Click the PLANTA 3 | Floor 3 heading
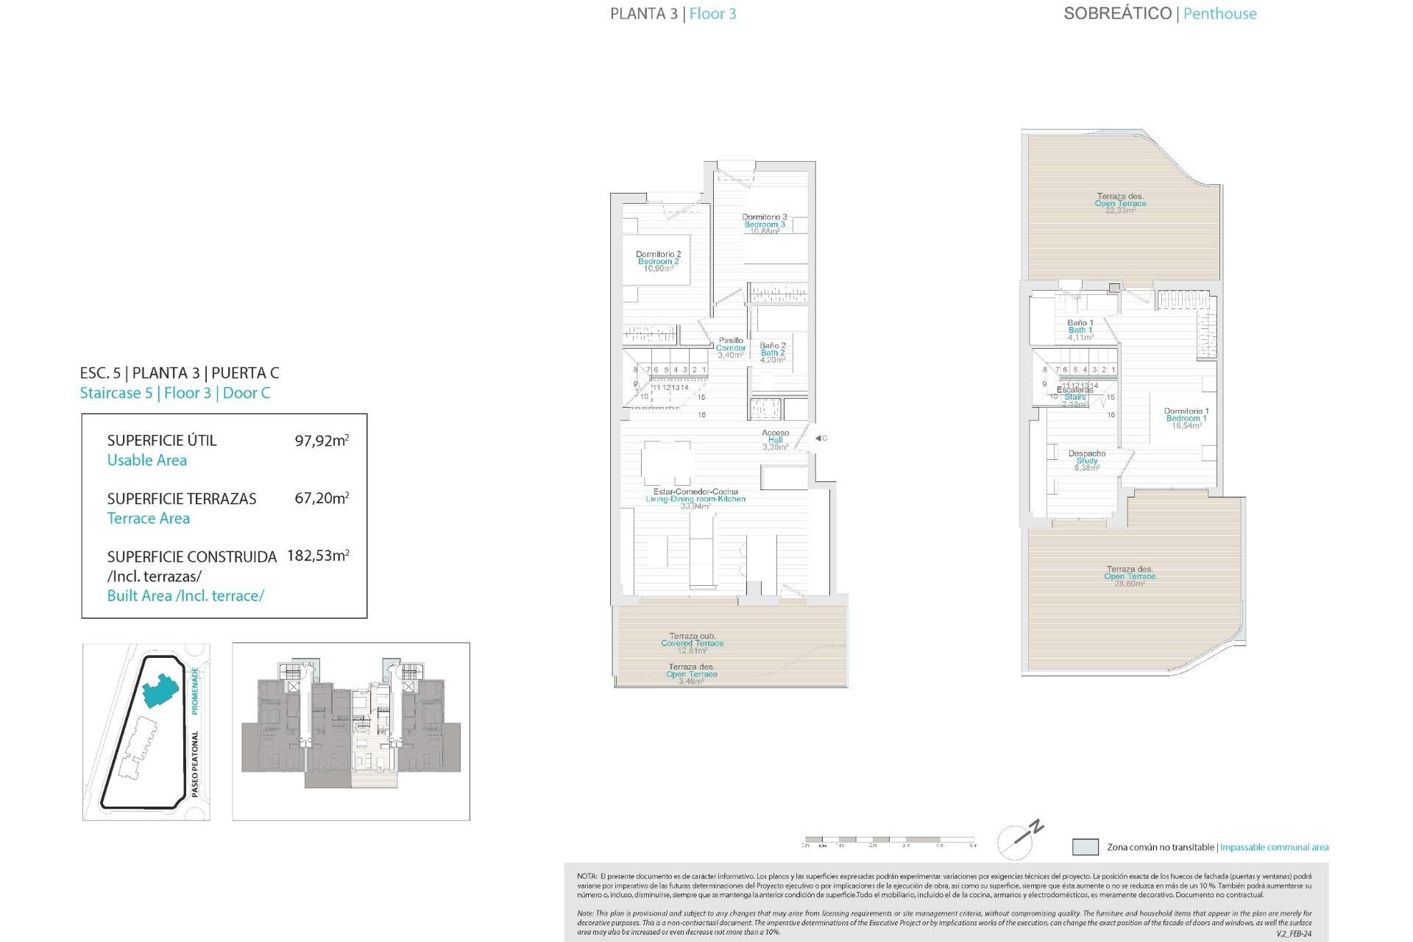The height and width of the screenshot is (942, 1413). pyautogui.click(x=673, y=14)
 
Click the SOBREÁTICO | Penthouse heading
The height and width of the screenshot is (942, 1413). pyautogui.click(x=1160, y=14)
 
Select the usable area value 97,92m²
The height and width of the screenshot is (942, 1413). pyautogui.click(x=322, y=441)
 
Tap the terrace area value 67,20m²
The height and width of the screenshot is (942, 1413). pyautogui.click(x=322, y=498)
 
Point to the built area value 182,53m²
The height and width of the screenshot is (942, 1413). pyautogui.click(x=318, y=556)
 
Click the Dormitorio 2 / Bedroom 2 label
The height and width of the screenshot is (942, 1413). pyautogui.click(x=658, y=261)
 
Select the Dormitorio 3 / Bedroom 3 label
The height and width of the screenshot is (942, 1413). pyautogui.click(x=764, y=224)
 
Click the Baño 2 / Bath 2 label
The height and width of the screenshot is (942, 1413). pyautogui.click(x=773, y=353)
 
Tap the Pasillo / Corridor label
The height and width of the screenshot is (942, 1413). pyautogui.click(x=731, y=347)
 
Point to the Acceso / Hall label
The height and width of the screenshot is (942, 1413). pyautogui.click(x=775, y=439)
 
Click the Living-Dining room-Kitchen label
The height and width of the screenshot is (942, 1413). pyautogui.click(x=695, y=498)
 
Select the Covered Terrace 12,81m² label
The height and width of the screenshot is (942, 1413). pyautogui.click(x=692, y=642)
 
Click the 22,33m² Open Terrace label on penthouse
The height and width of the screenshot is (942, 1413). pyautogui.click(x=1120, y=203)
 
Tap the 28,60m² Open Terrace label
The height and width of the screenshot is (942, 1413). pyautogui.click(x=1130, y=576)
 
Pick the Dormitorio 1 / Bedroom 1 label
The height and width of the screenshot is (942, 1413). pyautogui.click(x=1186, y=418)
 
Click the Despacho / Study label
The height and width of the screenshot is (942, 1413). pyautogui.click(x=1087, y=460)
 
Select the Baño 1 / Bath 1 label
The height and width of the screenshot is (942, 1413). pyautogui.click(x=1080, y=330)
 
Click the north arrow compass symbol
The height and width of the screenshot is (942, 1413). pyautogui.click(x=1020, y=839)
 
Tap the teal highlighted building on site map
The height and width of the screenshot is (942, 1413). pyautogui.click(x=159, y=690)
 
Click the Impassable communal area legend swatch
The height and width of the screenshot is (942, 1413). pyautogui.click(x=1086, y=847)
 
